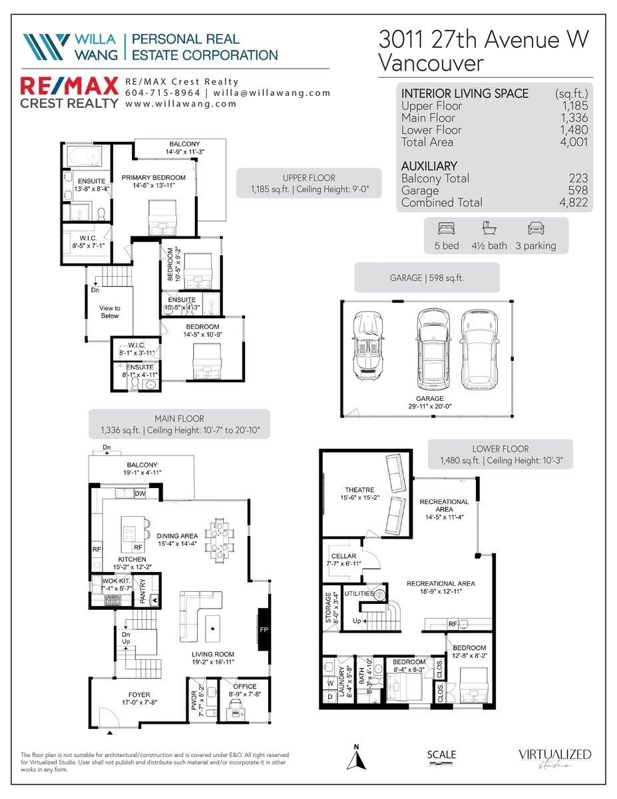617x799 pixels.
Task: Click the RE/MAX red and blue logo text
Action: (x=69, y=87)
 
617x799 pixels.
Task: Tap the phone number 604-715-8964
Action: (x=163, y=93)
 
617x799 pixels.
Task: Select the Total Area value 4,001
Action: (x=574, y=142)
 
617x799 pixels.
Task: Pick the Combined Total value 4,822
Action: (x=574, y=202)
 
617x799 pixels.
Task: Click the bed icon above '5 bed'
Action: (x=447, y=228)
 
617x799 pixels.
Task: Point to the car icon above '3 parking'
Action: (x=536, y=228)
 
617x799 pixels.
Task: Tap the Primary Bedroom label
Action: (x=154, y=182)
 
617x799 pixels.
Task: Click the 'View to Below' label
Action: (x=110, y=312)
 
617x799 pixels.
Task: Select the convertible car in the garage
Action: (x=368, y=346)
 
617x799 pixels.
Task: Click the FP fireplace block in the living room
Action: (x=264, y=630)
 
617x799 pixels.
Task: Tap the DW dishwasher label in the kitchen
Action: (x=140, y=494)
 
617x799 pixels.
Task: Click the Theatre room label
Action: (x=359, y=493)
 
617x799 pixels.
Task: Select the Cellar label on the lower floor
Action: (x=343, y=559)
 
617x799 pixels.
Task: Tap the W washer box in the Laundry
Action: (x=330, y=683)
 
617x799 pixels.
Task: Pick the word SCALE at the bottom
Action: (x=441, y=755)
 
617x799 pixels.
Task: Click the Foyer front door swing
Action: (x=109, y=717)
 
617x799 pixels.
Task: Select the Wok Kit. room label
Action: (x=116, y=585)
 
